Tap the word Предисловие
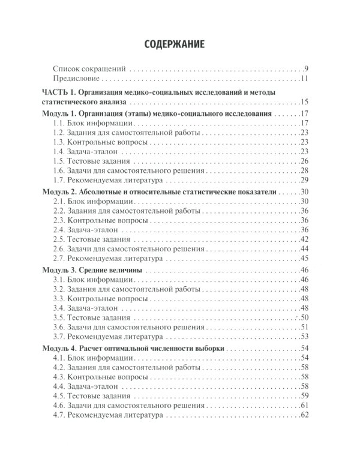coord(76,79)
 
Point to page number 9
coord(306,68)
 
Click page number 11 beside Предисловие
coord(304,79)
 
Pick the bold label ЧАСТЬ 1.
coord(57,92)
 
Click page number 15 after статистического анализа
coord(304,101)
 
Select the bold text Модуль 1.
coord(60,113)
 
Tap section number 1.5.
coord(59,161)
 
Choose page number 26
coord(304,161)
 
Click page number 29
coord(304,181)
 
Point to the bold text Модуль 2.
coord(60,192)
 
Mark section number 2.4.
coord(59,230)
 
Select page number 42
coord(304,239)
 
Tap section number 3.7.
coord(59,337)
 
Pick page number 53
coord(304,337)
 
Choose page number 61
coord(304,406)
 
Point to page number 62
coord(304,415)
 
